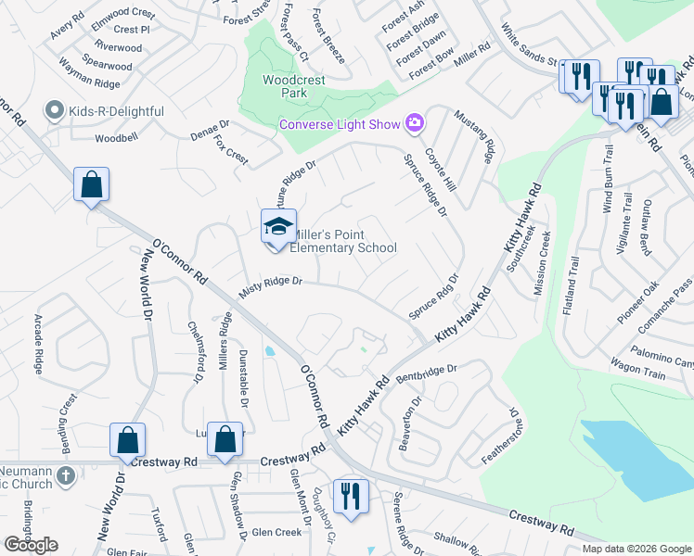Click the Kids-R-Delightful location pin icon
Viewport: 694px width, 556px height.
pyautogui.click(x=54, y=112)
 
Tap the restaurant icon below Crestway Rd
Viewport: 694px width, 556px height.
pyautogui.click(x=350, y=497)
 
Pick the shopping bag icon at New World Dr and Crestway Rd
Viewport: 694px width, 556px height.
pyautogui.click(x=127, y=440)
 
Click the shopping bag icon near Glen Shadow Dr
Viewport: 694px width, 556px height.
pyautogui.click(x=225, y=440)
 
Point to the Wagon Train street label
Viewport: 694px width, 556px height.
pyautogui.click(x=637, y=373)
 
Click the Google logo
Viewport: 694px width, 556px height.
pyautogui.click(x=32, y=545)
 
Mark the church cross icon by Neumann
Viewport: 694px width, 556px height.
pyautogui.click(x=65, y=475)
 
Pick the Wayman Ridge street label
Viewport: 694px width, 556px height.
pyautogui.click(x=90, y=83)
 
